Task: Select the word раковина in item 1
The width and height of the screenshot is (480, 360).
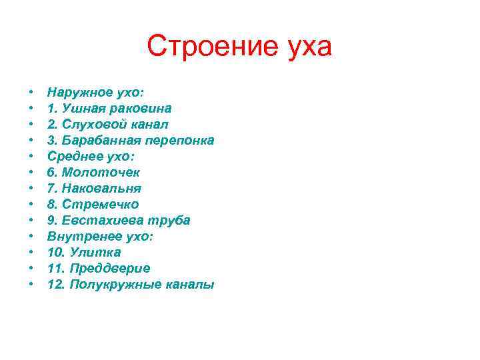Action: point(143,108)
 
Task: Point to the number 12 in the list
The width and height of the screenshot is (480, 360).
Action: point(55,284)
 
